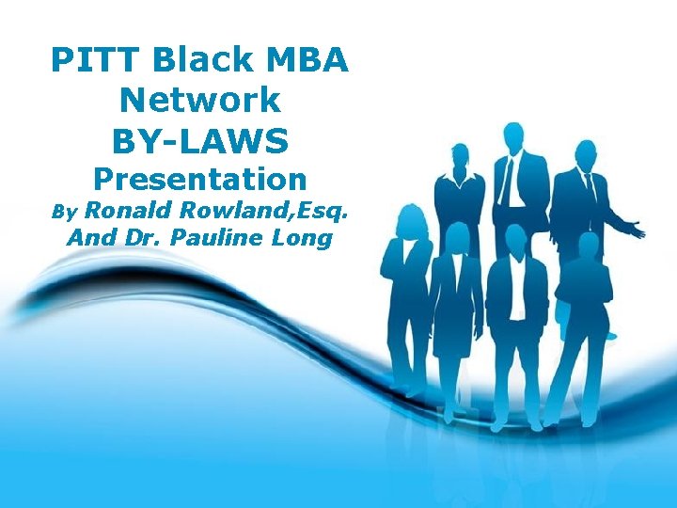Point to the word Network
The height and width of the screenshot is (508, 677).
(x=199, y=99)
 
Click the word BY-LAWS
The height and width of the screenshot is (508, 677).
(x=199, y=140)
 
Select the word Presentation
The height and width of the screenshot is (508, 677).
(x=199, y=179)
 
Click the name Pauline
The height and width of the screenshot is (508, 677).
(x=215, y=238)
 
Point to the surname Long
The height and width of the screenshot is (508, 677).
(x=302, y=238)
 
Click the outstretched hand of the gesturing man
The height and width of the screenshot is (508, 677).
(x=638, y=229)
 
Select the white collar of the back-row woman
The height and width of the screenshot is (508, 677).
(x=458, y=180)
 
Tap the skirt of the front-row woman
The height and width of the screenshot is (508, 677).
(x=453, y=339)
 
